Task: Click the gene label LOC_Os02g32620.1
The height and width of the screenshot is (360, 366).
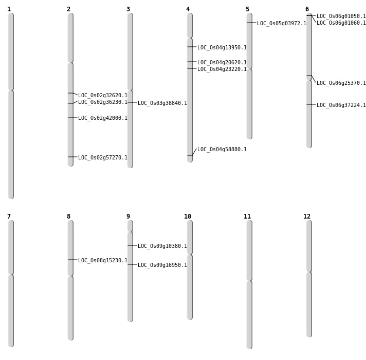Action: click(102, 96)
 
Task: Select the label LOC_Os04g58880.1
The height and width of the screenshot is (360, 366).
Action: click(222, 150)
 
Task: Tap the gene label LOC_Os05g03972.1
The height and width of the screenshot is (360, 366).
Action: click(281, 24)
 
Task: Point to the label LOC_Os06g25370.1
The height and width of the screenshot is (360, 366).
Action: click(341, 83)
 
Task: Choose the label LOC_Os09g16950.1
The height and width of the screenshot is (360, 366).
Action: click(162, 265)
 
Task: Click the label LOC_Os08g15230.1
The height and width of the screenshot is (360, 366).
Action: click(102, 261)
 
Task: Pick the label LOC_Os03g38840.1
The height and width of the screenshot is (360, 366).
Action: click(162, 103)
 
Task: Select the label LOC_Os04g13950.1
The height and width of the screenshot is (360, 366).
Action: click(222, 48)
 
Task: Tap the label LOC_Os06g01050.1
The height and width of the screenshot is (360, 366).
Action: click(341, 16)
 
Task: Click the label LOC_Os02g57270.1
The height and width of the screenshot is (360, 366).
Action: click(102, 158)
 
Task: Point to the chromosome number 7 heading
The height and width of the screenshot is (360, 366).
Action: click(9, 217)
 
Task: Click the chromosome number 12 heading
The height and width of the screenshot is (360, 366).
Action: click(307, 217)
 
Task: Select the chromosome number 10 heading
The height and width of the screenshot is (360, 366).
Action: click(188, 217)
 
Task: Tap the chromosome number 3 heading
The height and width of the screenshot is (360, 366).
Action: click(128, 9)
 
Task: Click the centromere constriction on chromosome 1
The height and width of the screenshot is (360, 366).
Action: click(11, 91)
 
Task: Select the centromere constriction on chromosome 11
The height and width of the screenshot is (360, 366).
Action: click(249, 280)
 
